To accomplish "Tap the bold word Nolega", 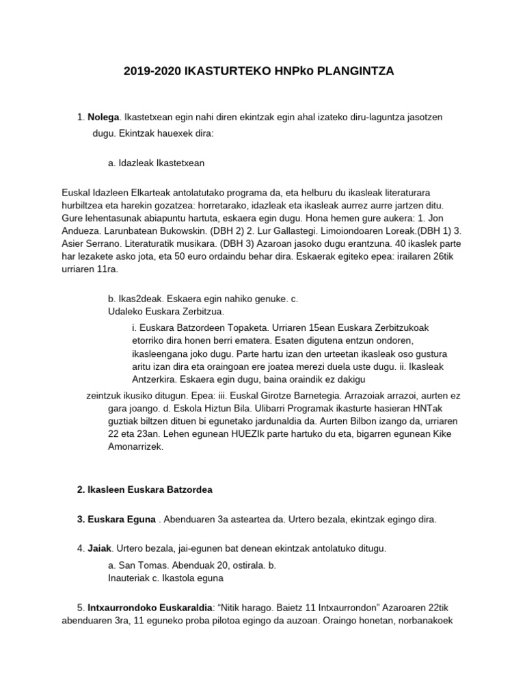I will pos(104,118).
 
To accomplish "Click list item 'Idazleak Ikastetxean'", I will pos(161,163).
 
